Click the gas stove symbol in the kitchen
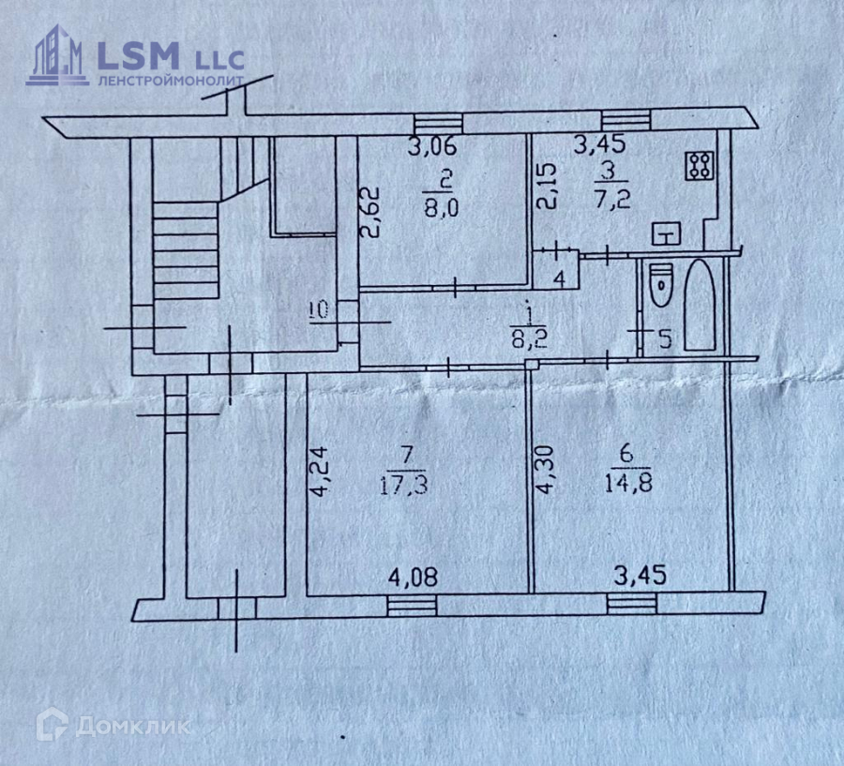[x=700, y=165]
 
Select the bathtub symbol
[x=700, y=306]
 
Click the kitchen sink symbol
[x=667, y=233]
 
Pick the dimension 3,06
[x=431, y=146]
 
